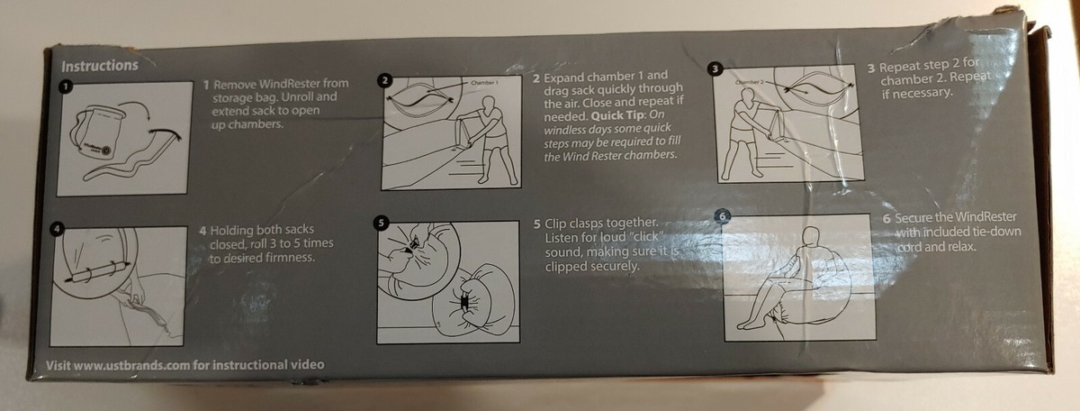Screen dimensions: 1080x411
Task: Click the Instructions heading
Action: (x=99, y=66)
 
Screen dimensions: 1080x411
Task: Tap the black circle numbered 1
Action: (x=65, y=87)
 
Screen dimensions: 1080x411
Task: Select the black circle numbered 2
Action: (x=384, y=80)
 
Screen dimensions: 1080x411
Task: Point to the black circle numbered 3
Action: (x=715, y=69)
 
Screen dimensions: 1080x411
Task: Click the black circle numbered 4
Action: (x=57, y=229)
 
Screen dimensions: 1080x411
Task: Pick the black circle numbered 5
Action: (x=381, y=223)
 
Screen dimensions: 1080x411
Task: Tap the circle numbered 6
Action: (x=722, y=216)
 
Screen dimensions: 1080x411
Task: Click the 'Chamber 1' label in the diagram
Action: (x=484, y=83)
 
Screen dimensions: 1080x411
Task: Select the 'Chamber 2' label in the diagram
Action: (x=749, y=82)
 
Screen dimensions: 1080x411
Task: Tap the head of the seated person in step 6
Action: (x=812, y=238)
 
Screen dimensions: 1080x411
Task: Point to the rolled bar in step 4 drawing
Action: (x=98, y=270)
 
